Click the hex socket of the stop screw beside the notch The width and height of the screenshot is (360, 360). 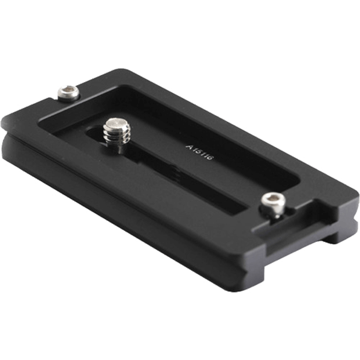pos(272,200)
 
